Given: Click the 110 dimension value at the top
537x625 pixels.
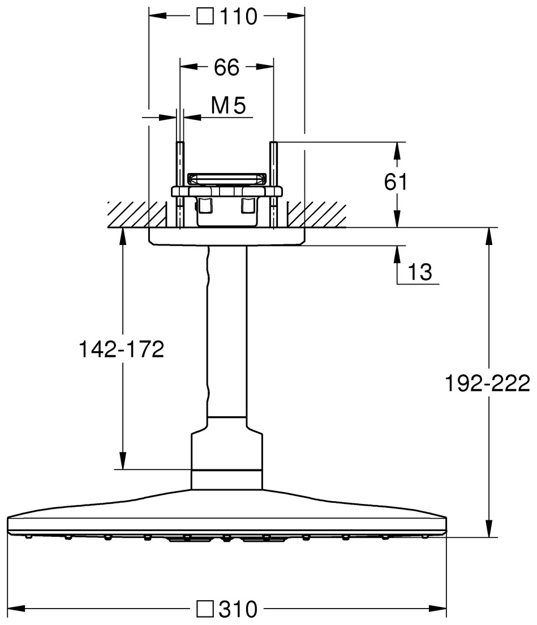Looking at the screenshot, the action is tap(238, 17).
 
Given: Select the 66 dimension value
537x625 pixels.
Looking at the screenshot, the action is tap(226, 67).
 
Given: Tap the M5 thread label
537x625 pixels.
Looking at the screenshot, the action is tap(229, 106).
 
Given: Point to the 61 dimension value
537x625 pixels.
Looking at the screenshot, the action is tap(396, 182).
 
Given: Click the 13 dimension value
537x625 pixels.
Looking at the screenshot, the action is tap(420, 272).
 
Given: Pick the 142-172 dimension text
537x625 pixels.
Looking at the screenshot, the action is tap(122, 349).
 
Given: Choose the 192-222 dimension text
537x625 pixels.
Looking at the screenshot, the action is tap(487, 383).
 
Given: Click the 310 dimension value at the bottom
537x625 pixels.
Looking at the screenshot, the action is tap(238, 609).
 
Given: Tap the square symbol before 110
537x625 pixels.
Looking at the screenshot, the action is tap(205, 17).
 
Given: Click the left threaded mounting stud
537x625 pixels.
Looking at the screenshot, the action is tap(180, 184).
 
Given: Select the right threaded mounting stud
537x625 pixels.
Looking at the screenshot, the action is tap(274, 184).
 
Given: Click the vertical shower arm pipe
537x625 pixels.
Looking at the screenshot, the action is tap(227, 331).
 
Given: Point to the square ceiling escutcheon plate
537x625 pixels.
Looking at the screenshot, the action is tap(226, 236).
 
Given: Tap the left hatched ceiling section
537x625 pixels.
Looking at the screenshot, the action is tap(137, 214).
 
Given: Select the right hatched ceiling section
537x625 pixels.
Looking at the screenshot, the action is tap(317, 214).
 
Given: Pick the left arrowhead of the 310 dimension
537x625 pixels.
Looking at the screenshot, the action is tap(16, 609).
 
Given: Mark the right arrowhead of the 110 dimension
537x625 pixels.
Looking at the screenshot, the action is tap(296, 16).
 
